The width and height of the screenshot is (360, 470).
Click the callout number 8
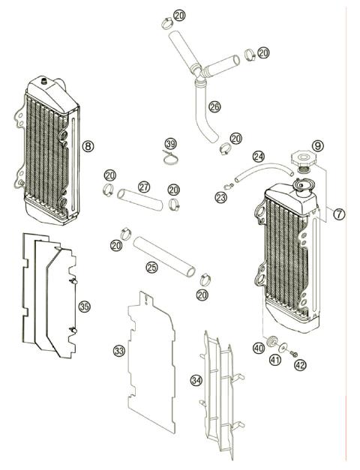coord(88,147)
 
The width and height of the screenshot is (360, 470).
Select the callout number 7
coord(339,214)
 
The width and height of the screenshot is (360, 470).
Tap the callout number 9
coord(318,145)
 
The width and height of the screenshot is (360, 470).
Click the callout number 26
coord(214,106)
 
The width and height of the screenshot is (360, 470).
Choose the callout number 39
coord(171,143)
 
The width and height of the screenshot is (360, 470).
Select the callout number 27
coord(143,186)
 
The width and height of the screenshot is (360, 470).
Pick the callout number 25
coord(151,267)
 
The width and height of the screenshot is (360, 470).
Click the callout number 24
coord(258,157)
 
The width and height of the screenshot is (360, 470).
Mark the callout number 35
coord(84,306)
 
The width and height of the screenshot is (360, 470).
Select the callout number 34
coord(196,380)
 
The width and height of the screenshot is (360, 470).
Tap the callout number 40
coord(259,347)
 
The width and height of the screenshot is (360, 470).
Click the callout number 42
coord(300,366)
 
